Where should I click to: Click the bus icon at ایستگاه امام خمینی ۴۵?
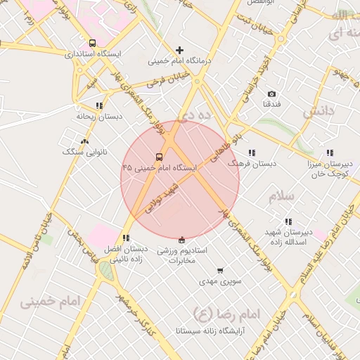(159, 157)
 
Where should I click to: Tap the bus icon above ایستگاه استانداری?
(93, 43)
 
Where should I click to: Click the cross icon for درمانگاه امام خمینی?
(179, 50)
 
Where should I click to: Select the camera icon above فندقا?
(272, 94)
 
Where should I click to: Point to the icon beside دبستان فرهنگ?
(251, 153)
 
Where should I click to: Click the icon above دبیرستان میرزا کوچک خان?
(330, 153)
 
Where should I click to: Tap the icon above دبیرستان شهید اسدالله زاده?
(288, 221)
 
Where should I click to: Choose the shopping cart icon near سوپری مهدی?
(220, 271)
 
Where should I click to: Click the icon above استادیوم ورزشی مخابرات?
(182, 240)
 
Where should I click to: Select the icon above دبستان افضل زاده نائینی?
(126, 238)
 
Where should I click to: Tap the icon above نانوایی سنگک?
(84, 141)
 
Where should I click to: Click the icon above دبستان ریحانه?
(99, 105)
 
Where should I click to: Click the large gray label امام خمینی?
(50, 301)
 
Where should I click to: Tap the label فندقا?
(272, 104)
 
